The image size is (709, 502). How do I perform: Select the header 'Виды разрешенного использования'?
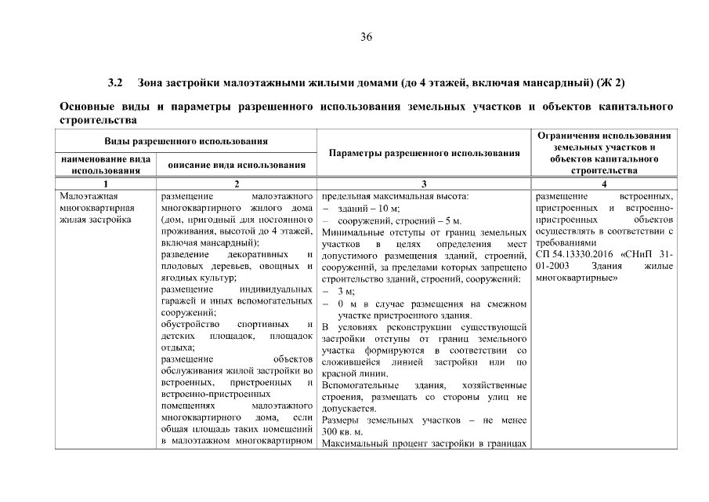click(186, 141)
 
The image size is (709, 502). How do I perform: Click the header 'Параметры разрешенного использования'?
click(424, 153)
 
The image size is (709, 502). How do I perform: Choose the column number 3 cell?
click(424, 183)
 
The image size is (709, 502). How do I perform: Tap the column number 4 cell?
click(603, 183)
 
